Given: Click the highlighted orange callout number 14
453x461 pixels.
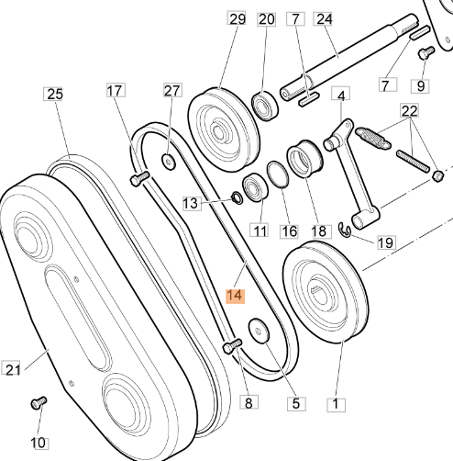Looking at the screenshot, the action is tap(236, 296).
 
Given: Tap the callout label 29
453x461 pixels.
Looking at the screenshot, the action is tap(237, 19).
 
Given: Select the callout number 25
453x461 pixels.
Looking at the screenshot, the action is tap(54, 94).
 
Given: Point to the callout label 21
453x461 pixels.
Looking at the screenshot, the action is tap(12, 369).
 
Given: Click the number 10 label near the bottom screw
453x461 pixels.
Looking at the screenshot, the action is tap(39, 443).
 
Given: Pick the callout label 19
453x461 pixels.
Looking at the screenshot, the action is tap(386, 242).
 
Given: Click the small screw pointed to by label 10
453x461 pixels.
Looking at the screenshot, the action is tap(39, 402).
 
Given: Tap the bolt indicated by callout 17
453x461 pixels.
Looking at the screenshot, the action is tap(139, 178).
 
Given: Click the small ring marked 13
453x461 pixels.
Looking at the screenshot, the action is tap(238, 197).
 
